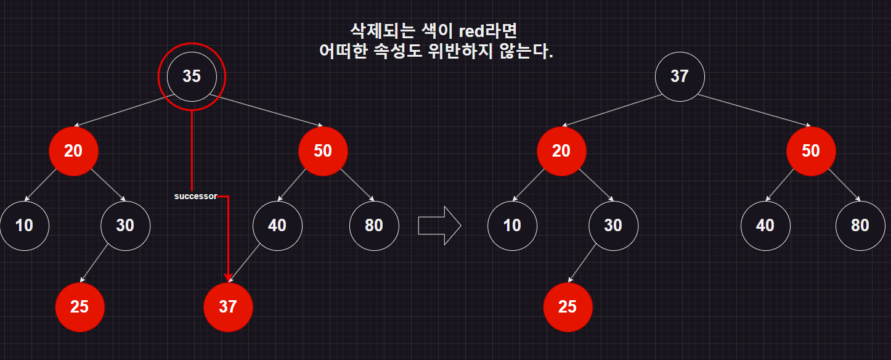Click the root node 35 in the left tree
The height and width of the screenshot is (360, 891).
click(x=192, y=76)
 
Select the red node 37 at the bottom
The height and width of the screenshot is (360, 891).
click(x=228, y=306)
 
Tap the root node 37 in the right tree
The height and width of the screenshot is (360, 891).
click(x=679, y=76)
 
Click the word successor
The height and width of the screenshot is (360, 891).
click(x=195, y=197)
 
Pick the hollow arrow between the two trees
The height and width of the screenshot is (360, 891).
click(x=439, y=225)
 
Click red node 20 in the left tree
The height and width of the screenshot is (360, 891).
click(x=73, y=151)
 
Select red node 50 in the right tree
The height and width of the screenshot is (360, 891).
click(x=811, y=151)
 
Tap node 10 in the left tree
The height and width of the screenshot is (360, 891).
click(x=24, y=226)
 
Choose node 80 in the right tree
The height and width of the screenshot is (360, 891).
click(x=860, y=226)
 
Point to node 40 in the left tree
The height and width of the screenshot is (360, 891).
click(x=277, y=226)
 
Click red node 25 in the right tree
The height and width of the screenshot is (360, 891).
click(x=568, y=306)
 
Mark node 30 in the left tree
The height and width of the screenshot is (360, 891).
click(x=125, y=226)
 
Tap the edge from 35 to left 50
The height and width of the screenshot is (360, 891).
click(x=265, y=111)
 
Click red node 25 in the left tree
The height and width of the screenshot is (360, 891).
click(x=79, y=306)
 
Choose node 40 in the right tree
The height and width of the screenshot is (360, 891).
click(x=765, y=226)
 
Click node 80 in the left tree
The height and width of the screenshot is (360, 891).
click(x=374, y=226)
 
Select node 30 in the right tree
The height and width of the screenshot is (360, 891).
click(x=613, y=226)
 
